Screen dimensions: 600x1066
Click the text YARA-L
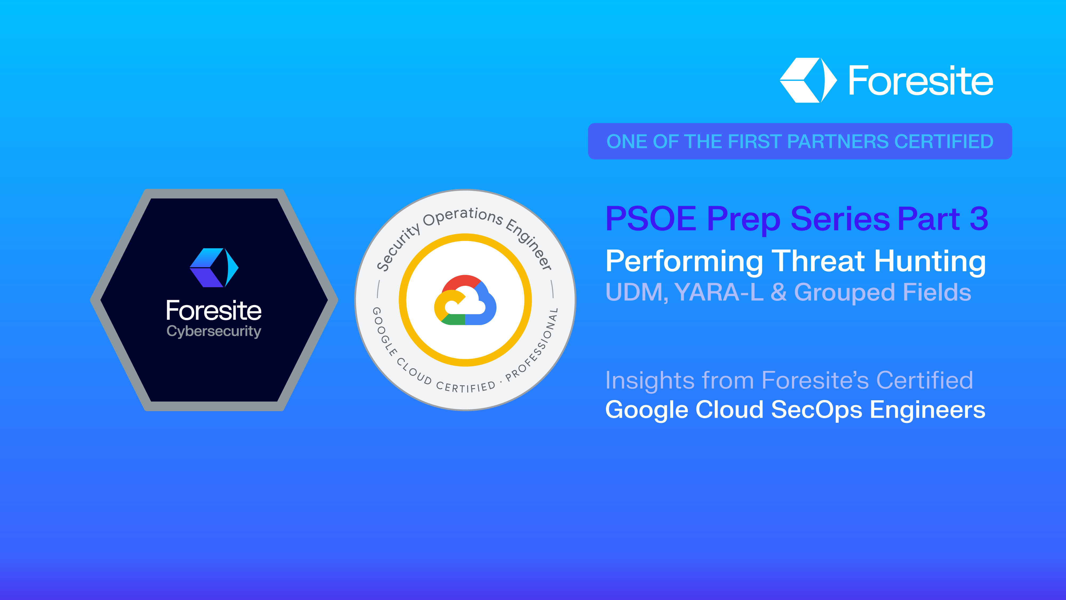point(719,292)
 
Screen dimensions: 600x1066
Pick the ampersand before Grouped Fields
point(778,292)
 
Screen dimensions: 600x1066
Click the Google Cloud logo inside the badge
point(465,300)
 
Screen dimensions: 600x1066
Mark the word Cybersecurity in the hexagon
point(213,331)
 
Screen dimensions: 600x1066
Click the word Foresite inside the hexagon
point(213,311)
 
